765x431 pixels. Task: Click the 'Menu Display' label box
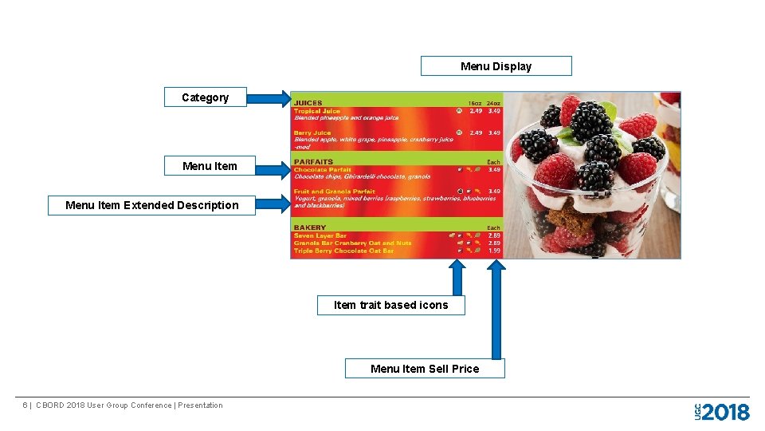pyautogui.click(x=496, y=66)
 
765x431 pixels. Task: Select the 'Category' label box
pyautogui.click(x=205, y=97)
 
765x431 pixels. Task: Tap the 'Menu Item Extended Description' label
pyautogui.click(x=151, y=205)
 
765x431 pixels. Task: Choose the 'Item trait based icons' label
pyautogui.click(x=390, y=305)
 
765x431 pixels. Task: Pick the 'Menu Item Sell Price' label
pyautogui.click(x=425, y=369)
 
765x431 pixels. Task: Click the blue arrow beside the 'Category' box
pyautogui.click(x=269, y=98)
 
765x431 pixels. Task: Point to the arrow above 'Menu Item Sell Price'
pyautogui.click(x=496, y=311)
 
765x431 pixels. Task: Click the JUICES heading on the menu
pyautogui.click(x=308, y=103)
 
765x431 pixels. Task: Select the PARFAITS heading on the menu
pyautogui.click(x=313, y=162)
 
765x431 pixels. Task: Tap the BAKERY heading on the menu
pyautogui.click(x=310, y=227)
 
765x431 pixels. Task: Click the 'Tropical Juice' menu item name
pyautogui.click(x=317, y=111)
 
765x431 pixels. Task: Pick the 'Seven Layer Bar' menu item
pyautogui.click(x=320, y=235)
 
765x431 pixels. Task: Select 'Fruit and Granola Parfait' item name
pyautogui.click(x=335, y=192)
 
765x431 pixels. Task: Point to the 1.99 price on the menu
pyautogui.click(x=494, y=251)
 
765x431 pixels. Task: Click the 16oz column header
pyautogui.click(x=475, y=103)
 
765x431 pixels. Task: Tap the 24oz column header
pyautogui.click(x=494, y=103)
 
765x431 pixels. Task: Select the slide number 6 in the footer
pyautogui.click(x=25, y=405)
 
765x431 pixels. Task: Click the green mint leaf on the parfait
pyautogui.click(x=610, y=112)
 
